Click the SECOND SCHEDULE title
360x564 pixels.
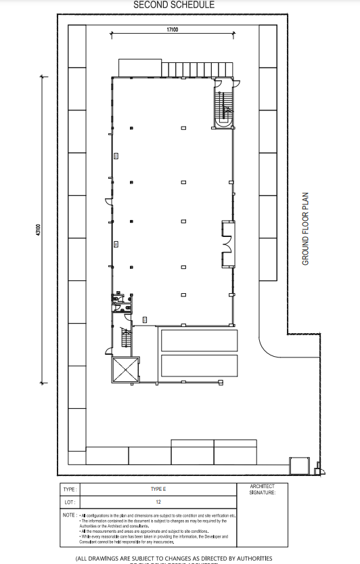(174, 5)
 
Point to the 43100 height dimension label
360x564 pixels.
(39, 231)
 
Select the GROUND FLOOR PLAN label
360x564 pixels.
(305, 228)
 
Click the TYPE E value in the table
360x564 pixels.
(158, 489)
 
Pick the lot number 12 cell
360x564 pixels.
(158, 502)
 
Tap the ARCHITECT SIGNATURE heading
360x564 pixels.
(263, 490)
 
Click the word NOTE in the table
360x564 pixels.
(68, 515)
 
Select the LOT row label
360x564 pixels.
(68, 502)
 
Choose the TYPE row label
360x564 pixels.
(68, 489)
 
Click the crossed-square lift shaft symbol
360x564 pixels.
(125, 370)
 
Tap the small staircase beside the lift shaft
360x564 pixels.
(124, 339)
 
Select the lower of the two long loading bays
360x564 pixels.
(199, 366)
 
